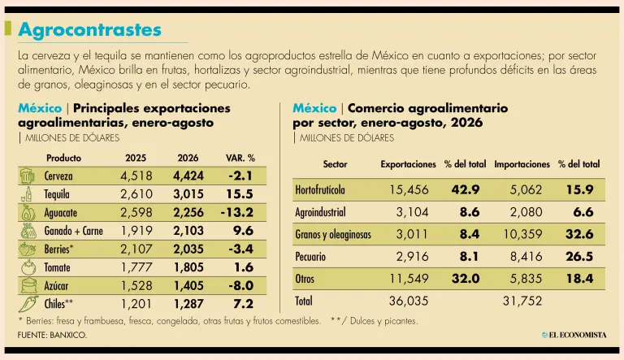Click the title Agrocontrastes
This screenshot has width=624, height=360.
(x=90, y=30)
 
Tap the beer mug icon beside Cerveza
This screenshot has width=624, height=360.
(x=27, y=176)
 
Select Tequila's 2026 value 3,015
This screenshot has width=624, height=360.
(x=188, y=194)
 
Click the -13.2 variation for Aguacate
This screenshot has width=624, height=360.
(x=236, y=212)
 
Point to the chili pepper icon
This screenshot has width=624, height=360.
(x=28, y=304)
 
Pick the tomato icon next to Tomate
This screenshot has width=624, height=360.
(x=28, y=267)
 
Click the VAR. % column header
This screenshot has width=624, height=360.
(x=240, y=158)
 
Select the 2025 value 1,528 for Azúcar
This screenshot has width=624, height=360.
(x=136, y=285)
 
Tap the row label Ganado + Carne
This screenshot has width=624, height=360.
(x=74, y=231)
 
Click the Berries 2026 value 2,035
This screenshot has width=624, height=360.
(x=188, y=249)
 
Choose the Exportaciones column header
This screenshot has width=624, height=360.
(x=409, y=164)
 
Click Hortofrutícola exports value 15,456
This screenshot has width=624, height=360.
(x=409, y=189)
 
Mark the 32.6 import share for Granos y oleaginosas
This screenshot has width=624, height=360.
(x=579, y=234)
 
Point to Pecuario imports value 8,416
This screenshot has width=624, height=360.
(x=526, y=256)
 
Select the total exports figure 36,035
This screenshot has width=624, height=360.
(x=409, y=301)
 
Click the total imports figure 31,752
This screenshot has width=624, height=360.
(x=522, y=301)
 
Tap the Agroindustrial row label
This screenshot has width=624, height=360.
(x=320, y=212)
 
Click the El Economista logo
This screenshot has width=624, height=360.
(x=574, y=335)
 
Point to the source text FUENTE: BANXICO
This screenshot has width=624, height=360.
(x=52, y=335)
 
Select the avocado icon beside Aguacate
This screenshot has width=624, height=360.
(x=28, y=213)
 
